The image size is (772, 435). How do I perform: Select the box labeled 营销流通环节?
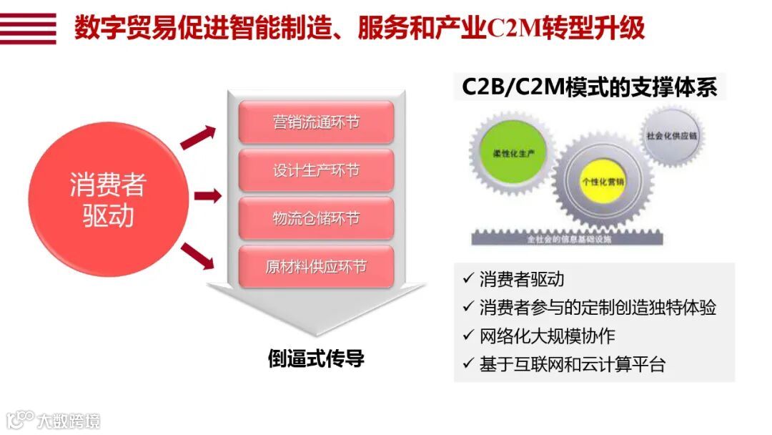(316, 122)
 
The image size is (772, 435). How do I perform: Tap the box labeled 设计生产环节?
(316, 170)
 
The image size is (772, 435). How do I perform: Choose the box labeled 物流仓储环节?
(316, 218)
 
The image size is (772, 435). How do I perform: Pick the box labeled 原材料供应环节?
(316, 267)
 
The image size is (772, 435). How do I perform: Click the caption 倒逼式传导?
(316, 358)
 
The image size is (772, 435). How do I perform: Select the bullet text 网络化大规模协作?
(547, 336)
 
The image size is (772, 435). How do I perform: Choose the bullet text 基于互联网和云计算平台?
(572, 364)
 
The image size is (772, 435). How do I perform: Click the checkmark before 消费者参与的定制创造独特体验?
(468, 307)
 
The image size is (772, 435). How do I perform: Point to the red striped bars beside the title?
(29, 29)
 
